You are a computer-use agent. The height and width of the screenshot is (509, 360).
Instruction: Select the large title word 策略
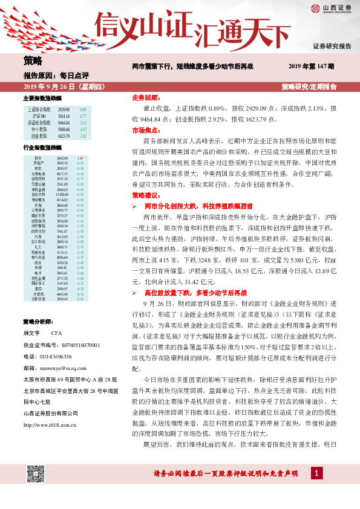coord(33,61)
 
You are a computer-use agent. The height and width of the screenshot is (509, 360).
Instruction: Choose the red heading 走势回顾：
coord(145,97)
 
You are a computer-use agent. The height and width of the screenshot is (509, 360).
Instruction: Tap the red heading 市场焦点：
coord(145,130)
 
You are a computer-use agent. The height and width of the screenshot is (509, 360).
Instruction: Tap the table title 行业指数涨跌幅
coord(42,148)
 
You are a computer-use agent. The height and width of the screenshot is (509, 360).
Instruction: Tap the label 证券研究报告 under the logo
coord(332,46)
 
